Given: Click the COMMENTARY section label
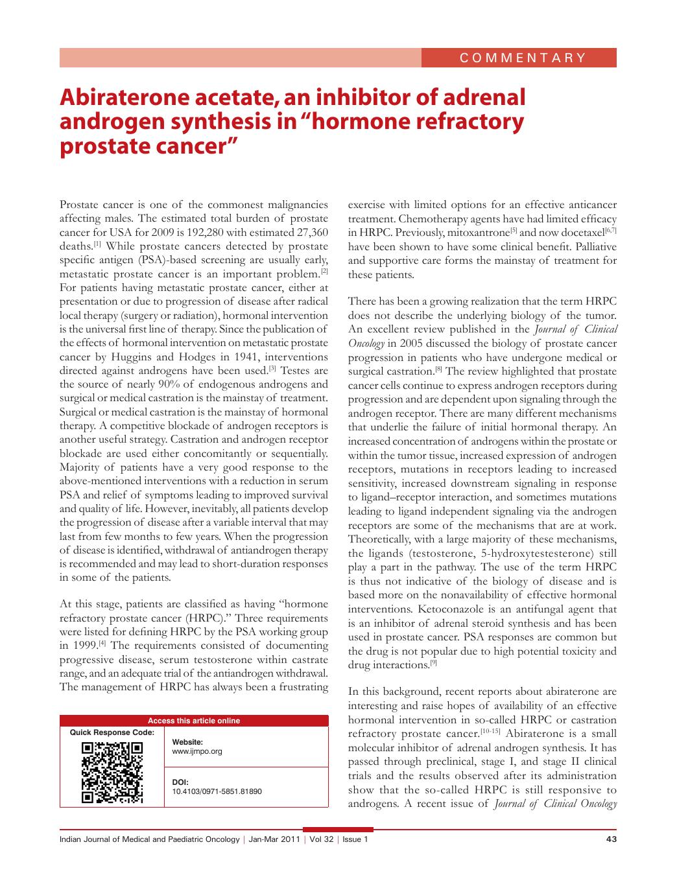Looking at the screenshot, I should tap(523, 57).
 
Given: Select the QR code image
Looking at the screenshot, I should tap(112, 772).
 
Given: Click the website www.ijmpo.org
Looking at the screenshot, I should tap(197, 751).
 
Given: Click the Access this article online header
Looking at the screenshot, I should tap(194, 720).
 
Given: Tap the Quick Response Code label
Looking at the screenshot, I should tap(112, 732).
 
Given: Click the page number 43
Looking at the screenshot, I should tap(610, 839).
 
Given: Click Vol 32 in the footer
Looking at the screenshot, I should tap(322, 839).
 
